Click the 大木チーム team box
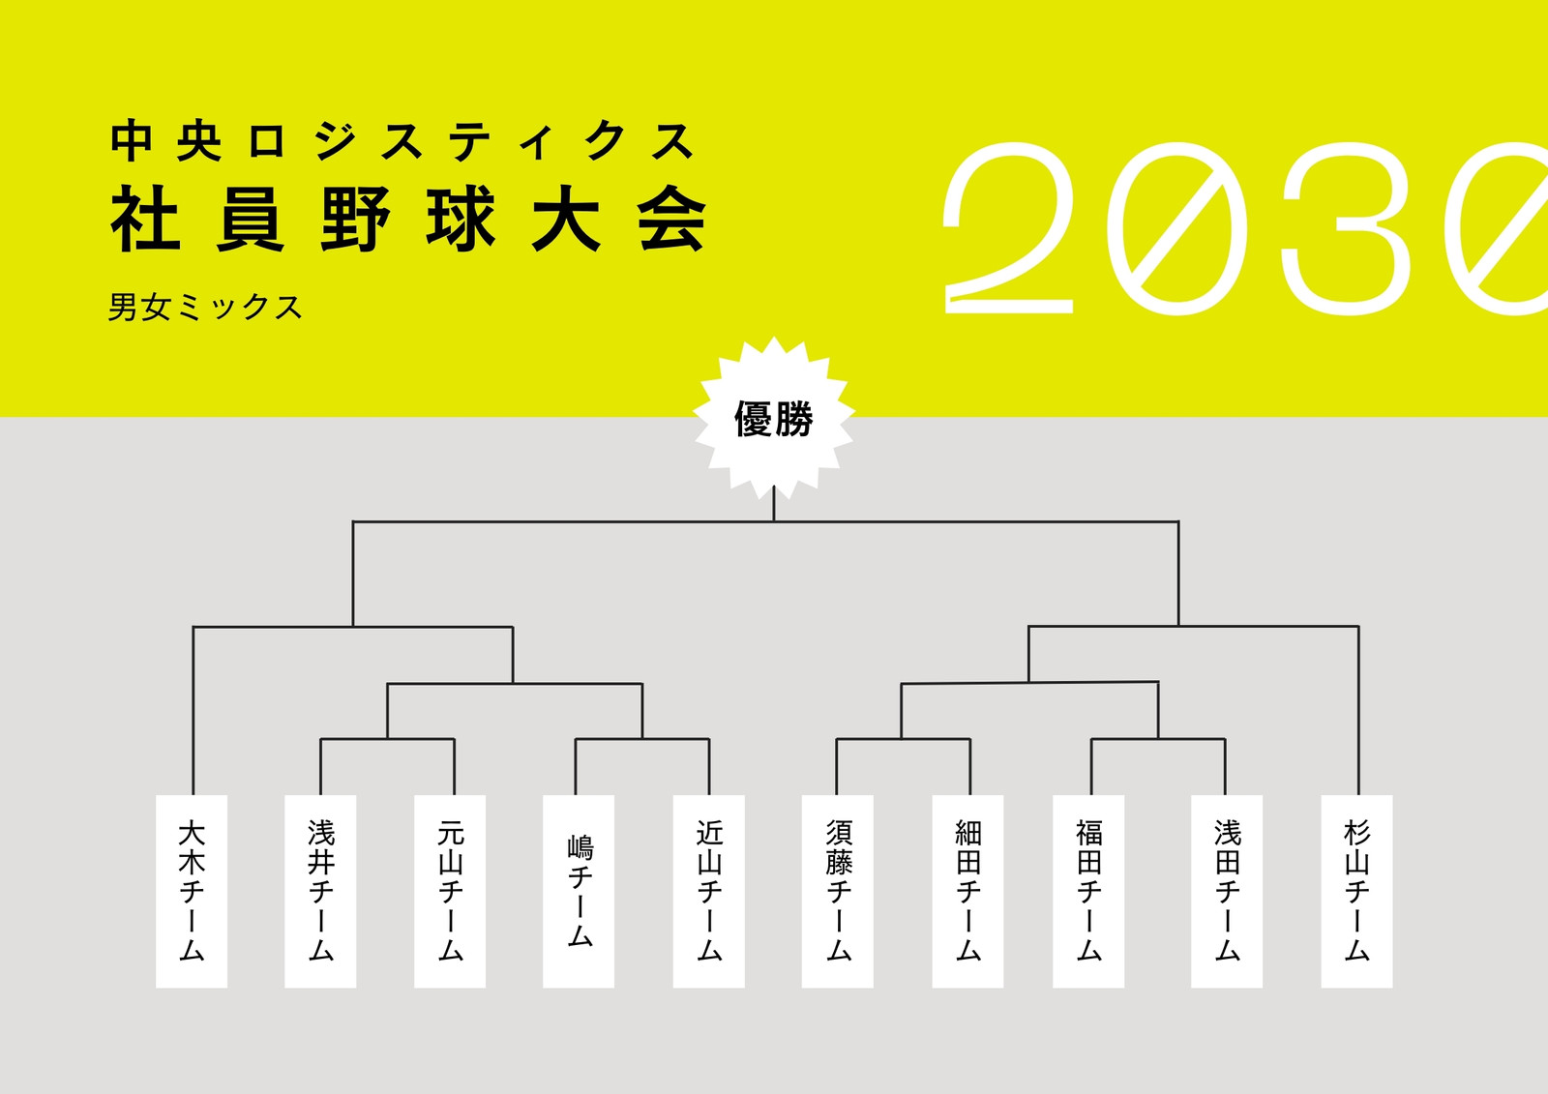click(x=192, y=891)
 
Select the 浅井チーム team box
click(x=320, y=891)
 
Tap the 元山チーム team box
click(x=450, y=891)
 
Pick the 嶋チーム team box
click(x=579, y=891)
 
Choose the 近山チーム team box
click(x=709, y=891)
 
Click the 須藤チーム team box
click(x=838, y=891)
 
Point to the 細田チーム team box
click(x=967, y=891)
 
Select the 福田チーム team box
click(x=1088, y=891)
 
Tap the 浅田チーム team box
click(x=1227, y=891)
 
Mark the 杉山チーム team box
click(x=1356, y=891)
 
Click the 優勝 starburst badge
click(x=774, y=418)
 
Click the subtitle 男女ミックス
click(x=205, y=307)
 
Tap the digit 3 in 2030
click(x=1344, y=228)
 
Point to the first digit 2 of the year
click(x=1008, y=228)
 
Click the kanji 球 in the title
click(x=461, y=218)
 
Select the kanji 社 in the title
click(x=146, y=218)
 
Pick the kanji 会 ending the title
click(x=671, y=218)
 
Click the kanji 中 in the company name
click(x=132, y=141)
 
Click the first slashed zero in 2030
click(x=1176, y=228)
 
